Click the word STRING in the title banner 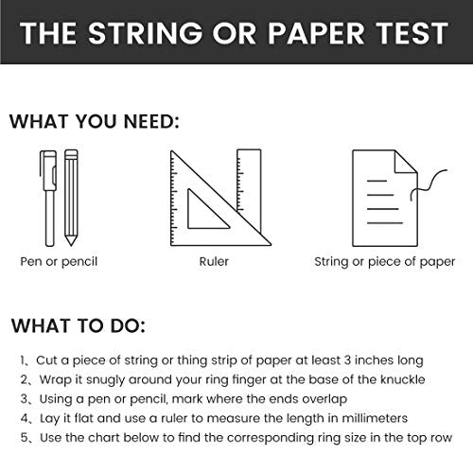tap(145, 33)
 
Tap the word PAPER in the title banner tap(316, 33)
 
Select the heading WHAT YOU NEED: tap(95, 121)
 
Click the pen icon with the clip tap(48, 198)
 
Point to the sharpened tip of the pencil tap(71, 243)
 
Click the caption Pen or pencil tap(59, 262)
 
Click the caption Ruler tap(214, 261)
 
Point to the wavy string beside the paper tap(428, 186)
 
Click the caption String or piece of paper tap(385, 262)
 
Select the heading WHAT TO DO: tap(79, 325)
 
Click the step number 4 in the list tap(25, 418)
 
